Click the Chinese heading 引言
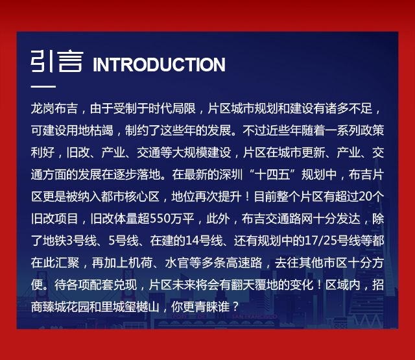[x=57, y=61]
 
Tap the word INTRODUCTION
[x=159, y=64]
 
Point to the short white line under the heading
[x=43, y=86]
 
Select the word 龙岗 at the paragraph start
[x=42, y=108]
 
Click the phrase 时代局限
[x=172, y=108]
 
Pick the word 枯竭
[x=101, y=130]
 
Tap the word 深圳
[x=231, y=174]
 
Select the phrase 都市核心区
[x=130, y=197]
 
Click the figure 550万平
[x=172, y=219]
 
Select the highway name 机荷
[x=140, y=263]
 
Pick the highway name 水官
[x=176, y=263]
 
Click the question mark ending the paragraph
[x=235, y=307]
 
